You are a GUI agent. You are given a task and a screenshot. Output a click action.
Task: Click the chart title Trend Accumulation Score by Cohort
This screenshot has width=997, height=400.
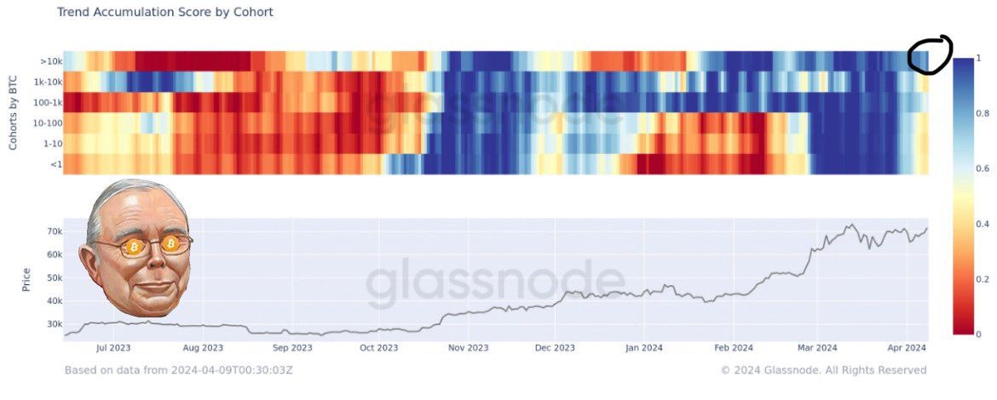[x=165, y=13]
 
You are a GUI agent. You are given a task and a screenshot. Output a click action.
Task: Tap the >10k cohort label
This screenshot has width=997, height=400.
[x=49, y=61]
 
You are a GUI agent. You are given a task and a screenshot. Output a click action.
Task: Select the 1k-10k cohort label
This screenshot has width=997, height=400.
[x=47, y=82]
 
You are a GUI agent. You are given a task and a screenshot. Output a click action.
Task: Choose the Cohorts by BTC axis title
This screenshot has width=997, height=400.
[x=13, y=111]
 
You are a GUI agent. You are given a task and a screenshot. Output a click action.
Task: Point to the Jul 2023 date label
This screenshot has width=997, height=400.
[x=113, y=347]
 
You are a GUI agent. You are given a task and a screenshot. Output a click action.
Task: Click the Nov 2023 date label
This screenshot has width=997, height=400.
[x=468, y=347]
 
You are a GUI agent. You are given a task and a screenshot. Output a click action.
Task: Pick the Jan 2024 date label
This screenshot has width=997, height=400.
[x=643, y=347]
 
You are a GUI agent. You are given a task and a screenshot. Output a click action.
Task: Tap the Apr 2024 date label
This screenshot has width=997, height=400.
[x=907, y=347]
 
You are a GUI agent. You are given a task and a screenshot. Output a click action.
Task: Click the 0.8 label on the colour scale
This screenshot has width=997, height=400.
[x=981, y=113]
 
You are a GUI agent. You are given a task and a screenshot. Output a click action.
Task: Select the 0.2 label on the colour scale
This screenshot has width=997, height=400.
[x=981, y=279]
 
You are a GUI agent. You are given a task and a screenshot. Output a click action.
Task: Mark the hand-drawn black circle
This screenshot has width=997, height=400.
[x=929, y=54]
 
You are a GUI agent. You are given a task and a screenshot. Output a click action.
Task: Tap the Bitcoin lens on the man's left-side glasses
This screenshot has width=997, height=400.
[x=133, y=247]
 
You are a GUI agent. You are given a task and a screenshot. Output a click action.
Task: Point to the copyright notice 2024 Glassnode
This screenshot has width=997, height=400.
[x=823, y=370]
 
